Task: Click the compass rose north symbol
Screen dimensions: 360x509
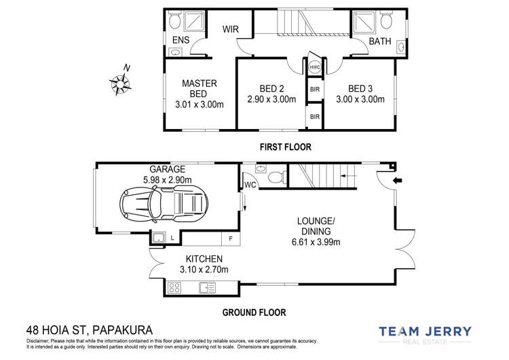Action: coord(119,82)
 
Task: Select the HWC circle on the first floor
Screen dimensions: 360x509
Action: coord(315,68)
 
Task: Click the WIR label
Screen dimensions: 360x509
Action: coord(232,30)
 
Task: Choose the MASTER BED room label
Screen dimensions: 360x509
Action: coord(199,88)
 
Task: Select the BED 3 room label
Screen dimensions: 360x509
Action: coord(360,88)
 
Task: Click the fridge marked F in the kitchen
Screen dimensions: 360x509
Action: coord(231,238)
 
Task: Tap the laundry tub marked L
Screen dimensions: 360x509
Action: coord(158,238)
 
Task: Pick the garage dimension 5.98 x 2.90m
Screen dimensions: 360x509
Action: coord(167,179)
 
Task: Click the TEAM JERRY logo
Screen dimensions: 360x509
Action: coord(434,333)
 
